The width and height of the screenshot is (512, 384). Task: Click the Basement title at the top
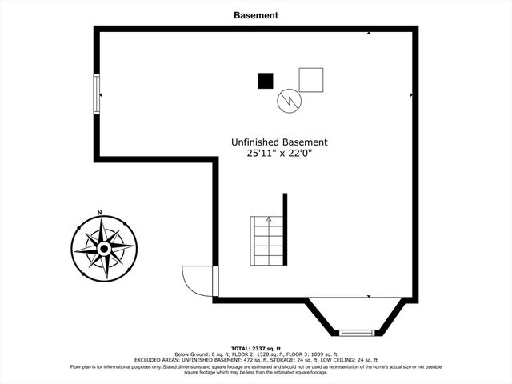256,14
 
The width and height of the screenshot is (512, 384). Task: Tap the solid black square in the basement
265,80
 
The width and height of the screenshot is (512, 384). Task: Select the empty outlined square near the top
310,80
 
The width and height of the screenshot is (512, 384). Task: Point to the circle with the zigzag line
288,100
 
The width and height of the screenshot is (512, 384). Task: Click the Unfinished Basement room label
279,142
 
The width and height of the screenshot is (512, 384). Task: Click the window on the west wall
97,94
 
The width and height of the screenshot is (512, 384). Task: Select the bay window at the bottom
356,331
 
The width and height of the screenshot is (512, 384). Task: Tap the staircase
267,240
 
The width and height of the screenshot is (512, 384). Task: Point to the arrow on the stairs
269,218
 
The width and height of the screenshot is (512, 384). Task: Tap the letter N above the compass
99,212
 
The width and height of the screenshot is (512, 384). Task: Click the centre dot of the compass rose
103,249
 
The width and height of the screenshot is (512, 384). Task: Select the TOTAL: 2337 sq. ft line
256,349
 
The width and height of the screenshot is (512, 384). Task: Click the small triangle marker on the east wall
411,96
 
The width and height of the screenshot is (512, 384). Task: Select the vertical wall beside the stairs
284,227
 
